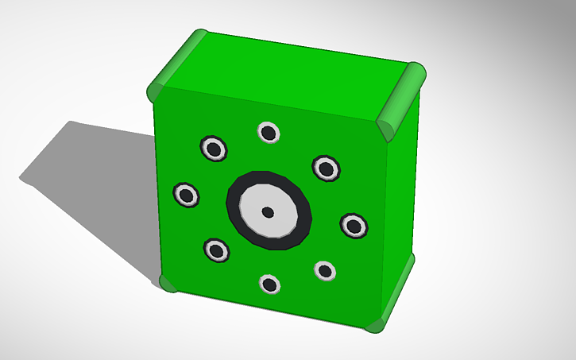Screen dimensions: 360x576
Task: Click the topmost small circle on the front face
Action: coord(269,133)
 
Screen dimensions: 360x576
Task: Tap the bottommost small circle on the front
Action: coord(270,284)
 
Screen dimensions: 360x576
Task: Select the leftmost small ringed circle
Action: coord(187,194)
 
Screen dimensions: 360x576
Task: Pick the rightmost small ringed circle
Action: coord(354,225)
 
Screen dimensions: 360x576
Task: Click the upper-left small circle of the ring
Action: coord(213,148)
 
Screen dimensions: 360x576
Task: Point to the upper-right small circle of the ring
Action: coord(326,168)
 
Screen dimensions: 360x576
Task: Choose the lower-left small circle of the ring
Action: coord(216,250)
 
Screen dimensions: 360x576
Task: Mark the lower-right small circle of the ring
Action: coord(325,271)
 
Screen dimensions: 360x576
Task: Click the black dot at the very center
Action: coord(268,211)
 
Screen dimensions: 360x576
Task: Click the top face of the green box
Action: coord(286,75)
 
